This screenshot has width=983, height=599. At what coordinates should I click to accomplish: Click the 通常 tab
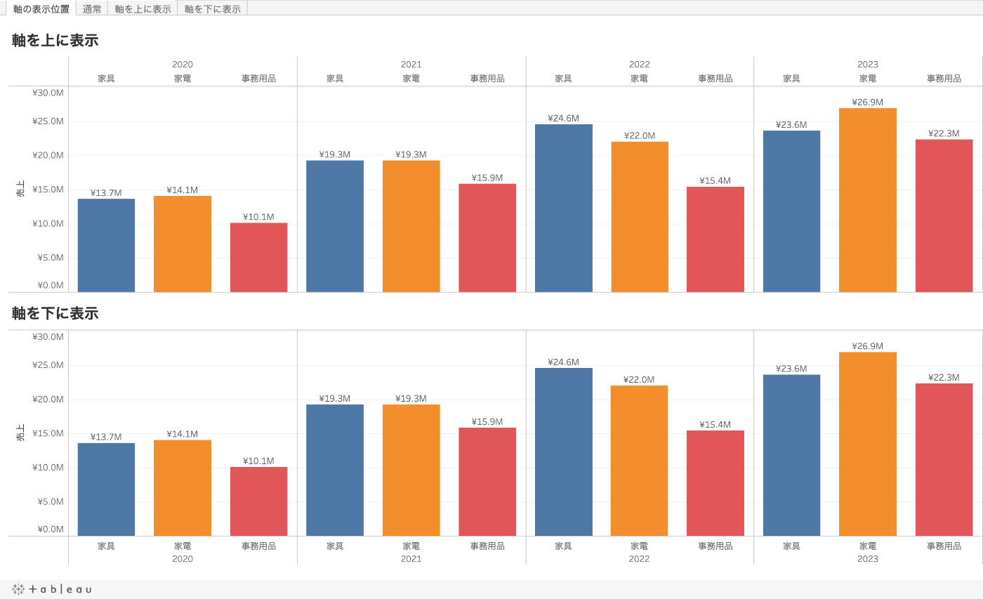click(x=92, y=9)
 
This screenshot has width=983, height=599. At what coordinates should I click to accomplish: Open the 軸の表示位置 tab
click(x=41, y=9)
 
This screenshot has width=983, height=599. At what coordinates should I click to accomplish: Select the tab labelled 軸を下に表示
click(x=212, y=9)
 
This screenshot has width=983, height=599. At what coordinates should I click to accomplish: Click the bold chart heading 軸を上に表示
click(x=55, y=41)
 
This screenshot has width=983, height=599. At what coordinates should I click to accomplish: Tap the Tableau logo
click(x=52, y=589)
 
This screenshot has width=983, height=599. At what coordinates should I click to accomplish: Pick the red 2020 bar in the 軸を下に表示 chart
click(x=258, y=501)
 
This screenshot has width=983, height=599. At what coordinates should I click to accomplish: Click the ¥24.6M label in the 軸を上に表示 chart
click(x=563, y=118)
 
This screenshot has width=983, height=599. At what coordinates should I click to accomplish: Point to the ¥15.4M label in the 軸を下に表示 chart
click(x=715, y=425)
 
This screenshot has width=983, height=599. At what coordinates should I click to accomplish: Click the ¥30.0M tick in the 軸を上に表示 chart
click(x=48, y=93)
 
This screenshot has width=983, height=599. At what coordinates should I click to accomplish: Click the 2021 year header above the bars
click(x=411, y=65)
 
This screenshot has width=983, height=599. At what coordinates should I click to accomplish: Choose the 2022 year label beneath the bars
click(x=639, y=559)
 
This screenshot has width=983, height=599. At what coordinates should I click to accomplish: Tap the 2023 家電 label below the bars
click(x=867, y=546)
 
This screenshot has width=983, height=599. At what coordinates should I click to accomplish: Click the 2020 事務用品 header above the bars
click(x=258, y=79)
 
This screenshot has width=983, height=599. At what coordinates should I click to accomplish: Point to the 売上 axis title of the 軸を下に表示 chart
click(x=20, y=433)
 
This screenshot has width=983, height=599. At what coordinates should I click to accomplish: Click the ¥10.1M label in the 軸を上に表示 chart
click(x=258, y=217)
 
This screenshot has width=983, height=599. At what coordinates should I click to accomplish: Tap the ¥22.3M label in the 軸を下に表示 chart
click(x=944, y=377)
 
